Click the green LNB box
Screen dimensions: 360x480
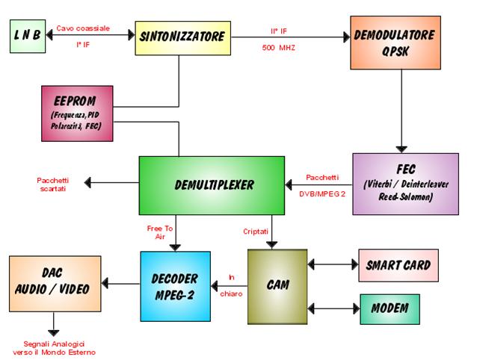(28, 36)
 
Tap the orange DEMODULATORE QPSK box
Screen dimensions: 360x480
(404, 43)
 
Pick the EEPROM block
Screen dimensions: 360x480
(78, 113)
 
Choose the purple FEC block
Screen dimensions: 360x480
(404, 184)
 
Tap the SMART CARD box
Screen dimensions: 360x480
(398, 265)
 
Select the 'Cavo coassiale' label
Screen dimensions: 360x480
(83, 28)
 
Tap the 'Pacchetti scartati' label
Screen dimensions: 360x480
(54, 184)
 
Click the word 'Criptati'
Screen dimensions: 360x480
(255, 231)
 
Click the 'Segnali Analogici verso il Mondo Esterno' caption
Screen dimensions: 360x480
(55, 347)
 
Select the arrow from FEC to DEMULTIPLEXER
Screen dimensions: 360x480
(318, 184)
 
